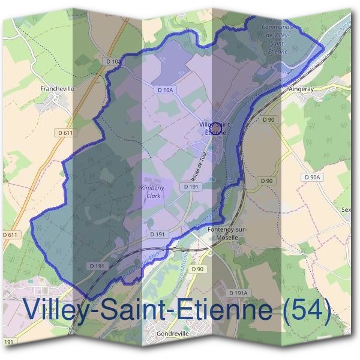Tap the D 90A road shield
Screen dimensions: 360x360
click(x=313, y=177)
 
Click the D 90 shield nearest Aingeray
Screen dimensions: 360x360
click(x=269, y=120)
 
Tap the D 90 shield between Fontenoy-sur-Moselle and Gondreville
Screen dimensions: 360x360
click(x=198, y=269)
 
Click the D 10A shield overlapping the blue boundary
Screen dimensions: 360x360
click(x=113, y=61)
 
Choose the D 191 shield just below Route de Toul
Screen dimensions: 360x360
click(x=191, y=187)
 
